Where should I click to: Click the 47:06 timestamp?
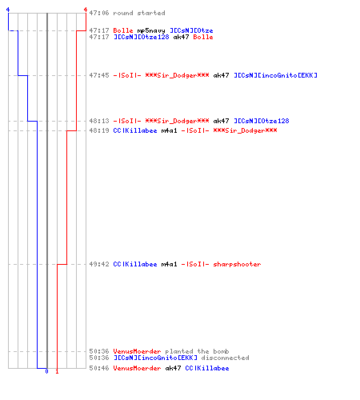click(x=99, y=13)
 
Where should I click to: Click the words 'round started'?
click(x=139, y=13)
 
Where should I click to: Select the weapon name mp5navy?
click(x=151, y=30)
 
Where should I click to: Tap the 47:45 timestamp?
click(x=99, y=75)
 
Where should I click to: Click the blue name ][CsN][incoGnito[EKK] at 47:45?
click(x=275, y=75)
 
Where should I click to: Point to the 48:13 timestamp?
click(x=99, y=121)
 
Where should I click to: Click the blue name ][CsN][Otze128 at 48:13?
click(x=262, y=121)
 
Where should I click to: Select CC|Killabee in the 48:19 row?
click(x=135, y=130)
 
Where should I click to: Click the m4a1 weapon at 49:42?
click(x=169, y=264)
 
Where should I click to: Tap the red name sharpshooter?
click(x=237, y=264)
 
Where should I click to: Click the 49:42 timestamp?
click(x=99, y=264)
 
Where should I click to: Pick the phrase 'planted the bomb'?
click(x=197, y=351)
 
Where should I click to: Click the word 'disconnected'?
click(x=225, y=358)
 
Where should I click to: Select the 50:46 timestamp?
click(x=99, y=368)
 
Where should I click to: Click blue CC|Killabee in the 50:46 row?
click(x=207, y=368)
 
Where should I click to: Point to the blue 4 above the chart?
click(x=8, y=10)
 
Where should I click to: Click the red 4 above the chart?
click(x=86, y=10)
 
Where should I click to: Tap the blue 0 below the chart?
click(x=46, y=371)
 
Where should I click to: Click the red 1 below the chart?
click(x=57, y=371)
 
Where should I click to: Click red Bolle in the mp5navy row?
click(x=123, y=30)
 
